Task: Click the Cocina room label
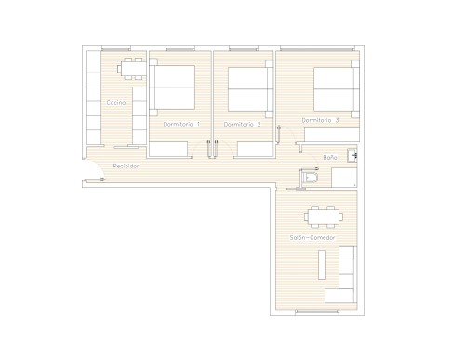pyautogui.click(x=116, y=102)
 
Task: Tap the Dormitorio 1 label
pyautogui.click(x=181, y=124)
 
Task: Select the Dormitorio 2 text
pyautogui.click(x=242, y=125)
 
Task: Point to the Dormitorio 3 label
pyautogui.click(x=320, y=120)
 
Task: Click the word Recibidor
pyautogui.click(x=126, y=167)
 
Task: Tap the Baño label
pyautogui.click(x=330, y=158)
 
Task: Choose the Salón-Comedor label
pyautogui.click(x=312, y=238)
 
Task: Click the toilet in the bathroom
pyautogui.click(x=309, y=178)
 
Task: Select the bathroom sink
pyautogui.click(x=352, y=155)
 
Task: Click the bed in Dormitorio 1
pyautogui.click(x=172, y=87)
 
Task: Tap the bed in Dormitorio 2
pyautogui.click(x=250, y=89)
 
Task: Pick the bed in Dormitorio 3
pyautogui.click(x=337, y=89)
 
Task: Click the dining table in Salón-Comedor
pyautogui.click(x=324, y=217)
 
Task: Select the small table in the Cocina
pyautogui.click(x=132, y=69)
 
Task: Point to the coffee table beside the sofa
pyautogui.click(x=323, y=265)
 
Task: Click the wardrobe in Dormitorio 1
pyautogui.click(x=168, y=149)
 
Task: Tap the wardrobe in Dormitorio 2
pyautogui.click(x=255, y=149)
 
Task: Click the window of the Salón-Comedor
pyautogui.click(x=317, y=311)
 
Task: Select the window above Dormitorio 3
pyautogui.click(x=317, y=49)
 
